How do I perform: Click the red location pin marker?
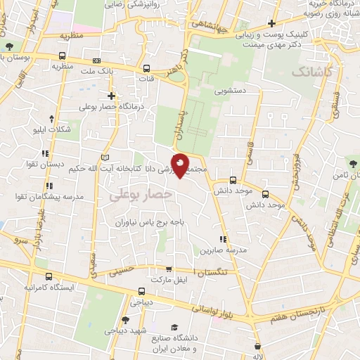[x=181, y=165]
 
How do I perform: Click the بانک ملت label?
[x=97, y=71]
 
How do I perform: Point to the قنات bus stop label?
[x=148, y=78]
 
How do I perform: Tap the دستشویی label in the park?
[x=229, y=90]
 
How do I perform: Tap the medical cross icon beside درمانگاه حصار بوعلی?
[x=111, y=95]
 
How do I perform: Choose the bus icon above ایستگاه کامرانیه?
[x=49, y=276]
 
